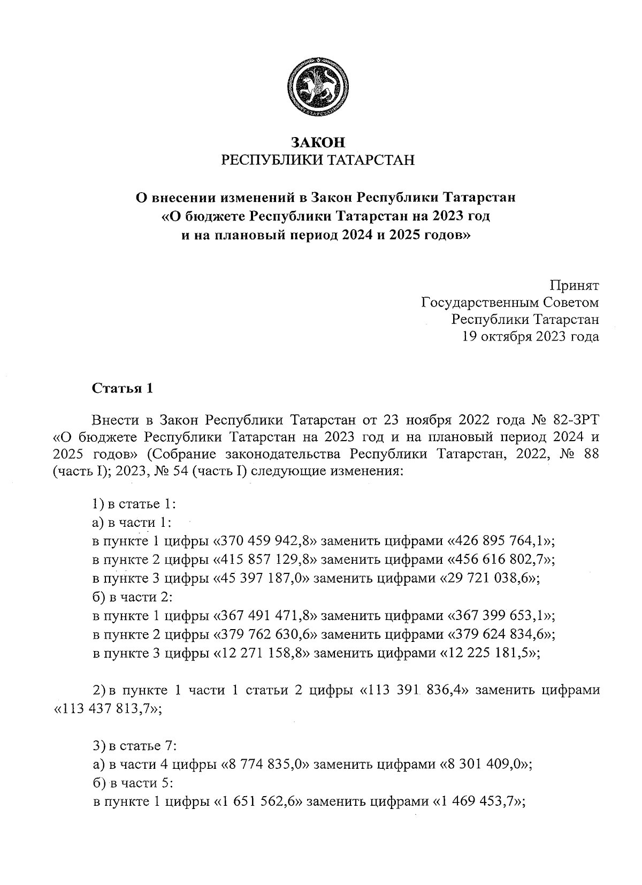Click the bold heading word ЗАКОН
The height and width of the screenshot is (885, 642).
pos(318,142)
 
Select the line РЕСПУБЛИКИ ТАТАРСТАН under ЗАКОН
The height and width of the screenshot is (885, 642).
pos(318,160)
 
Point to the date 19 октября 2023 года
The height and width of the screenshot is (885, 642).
pos(531,336)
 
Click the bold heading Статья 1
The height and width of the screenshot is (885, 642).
pos(123,388)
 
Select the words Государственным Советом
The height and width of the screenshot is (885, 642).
pos(510,302)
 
